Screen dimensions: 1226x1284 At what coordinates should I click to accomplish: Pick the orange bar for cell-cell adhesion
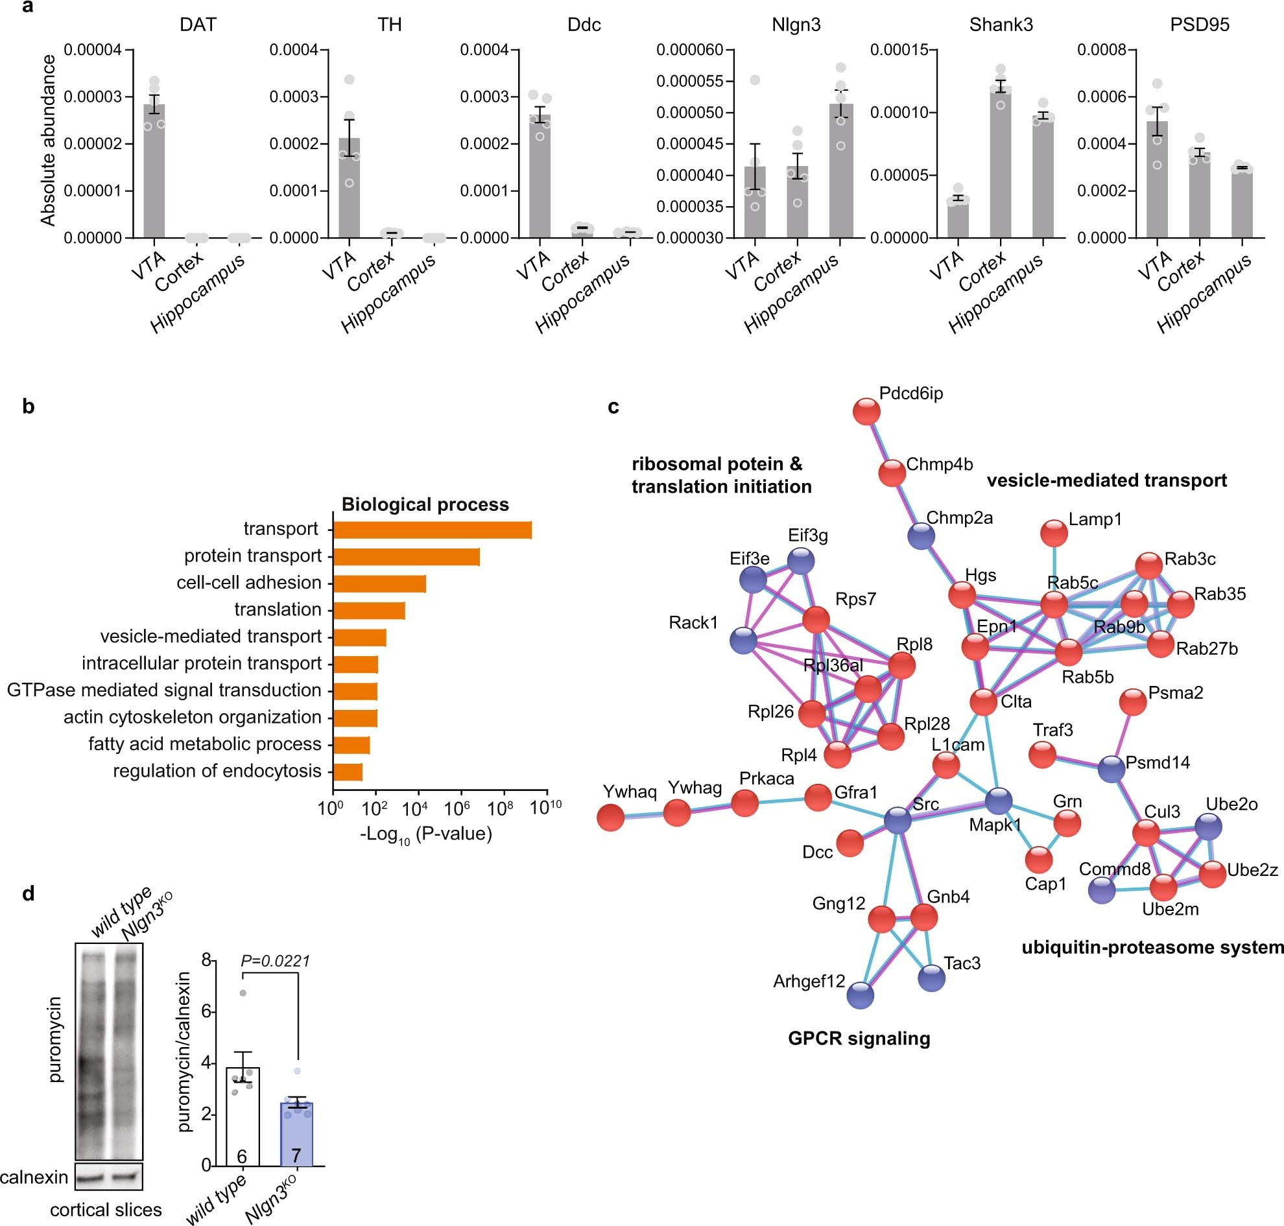(x=379, y=584)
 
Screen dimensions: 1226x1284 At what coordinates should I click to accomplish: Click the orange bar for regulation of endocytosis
(x=348, y=772)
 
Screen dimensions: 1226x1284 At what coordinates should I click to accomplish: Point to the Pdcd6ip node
(x=866, y=412)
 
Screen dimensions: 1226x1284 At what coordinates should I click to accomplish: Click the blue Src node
(x=897, y=820)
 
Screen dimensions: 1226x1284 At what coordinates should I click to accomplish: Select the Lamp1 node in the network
(x=1054, y=533)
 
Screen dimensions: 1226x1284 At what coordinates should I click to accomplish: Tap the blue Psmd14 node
(x=1112, y=770)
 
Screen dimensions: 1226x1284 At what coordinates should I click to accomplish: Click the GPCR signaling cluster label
(x=859, y=1039)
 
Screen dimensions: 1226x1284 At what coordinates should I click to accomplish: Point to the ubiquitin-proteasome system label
(x=1152, y=948)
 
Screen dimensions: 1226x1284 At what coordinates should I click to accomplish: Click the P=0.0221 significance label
(x=274, y=961)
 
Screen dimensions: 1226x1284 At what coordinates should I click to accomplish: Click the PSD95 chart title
(x=1199, y=25)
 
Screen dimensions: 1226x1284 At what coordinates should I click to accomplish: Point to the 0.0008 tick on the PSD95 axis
(x=1102, y=51)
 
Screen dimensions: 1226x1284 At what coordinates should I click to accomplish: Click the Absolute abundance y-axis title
(x=48, y=141)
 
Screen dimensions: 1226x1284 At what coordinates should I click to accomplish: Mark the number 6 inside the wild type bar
(x=242, y=1157)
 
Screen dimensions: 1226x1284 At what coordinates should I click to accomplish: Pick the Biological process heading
(x=425, y=504)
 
